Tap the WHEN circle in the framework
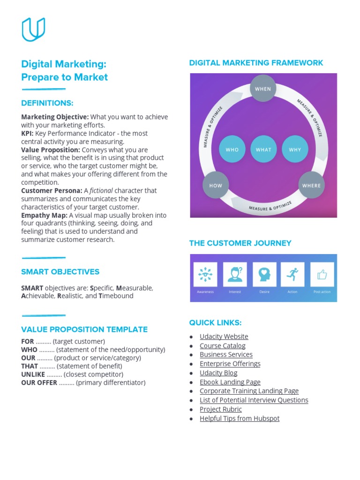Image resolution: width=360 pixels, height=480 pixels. tap(263, 88)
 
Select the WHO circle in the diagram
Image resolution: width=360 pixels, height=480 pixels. tap(232, 150)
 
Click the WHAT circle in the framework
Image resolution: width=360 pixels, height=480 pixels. tap(263, 150)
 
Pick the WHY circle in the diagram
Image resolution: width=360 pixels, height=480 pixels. tap(295, 150)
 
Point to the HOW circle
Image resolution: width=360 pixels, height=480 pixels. tap(216, 185)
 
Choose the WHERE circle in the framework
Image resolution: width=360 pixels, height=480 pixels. tap(311, 185)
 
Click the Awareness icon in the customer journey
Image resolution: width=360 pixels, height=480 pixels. tap(205, 274)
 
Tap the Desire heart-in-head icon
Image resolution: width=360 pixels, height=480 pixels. tap(264, 274)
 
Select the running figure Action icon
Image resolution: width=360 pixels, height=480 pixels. tap(292, 274)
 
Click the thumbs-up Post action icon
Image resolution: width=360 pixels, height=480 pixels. tap(322, 274)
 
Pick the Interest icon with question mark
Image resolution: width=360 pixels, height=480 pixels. tap(235, 274)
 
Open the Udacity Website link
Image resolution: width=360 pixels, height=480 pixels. tap(224, 337)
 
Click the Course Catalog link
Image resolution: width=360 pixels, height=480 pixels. tap(222, 345)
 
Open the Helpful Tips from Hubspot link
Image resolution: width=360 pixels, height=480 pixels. tap(239, 418)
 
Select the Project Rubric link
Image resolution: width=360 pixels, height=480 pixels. tap(220, 409)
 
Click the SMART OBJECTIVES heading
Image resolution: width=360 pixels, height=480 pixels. tap(60, 272)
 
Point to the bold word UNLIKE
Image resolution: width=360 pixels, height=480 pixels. tap(33, 374)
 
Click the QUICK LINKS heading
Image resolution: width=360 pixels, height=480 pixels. tap(215, 322)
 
